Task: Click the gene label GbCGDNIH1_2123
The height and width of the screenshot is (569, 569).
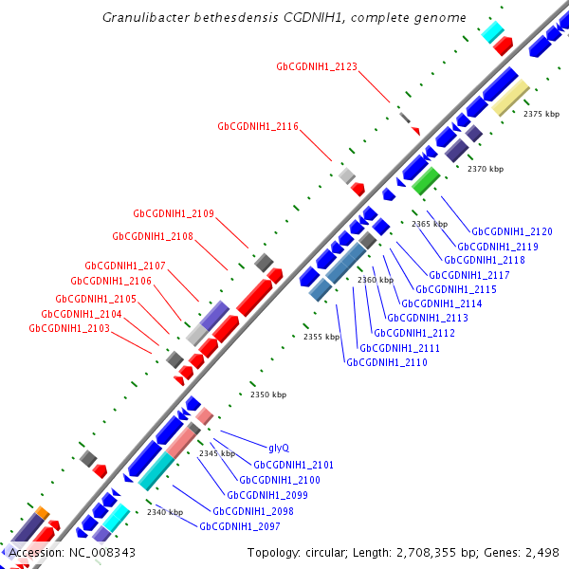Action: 317,66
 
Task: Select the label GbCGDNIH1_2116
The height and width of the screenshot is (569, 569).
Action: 258,126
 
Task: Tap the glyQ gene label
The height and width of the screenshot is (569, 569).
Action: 279,448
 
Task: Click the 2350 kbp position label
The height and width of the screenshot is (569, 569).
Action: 267,395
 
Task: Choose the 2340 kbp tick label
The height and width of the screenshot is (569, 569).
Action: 164,512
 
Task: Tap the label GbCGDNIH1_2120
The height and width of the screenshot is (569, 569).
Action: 512,231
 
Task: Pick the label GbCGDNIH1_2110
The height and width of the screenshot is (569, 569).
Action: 386,362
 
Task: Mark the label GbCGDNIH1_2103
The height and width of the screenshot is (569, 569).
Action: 69,328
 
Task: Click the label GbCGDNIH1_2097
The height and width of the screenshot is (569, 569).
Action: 240,525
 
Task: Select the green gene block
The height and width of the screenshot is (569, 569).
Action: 425,180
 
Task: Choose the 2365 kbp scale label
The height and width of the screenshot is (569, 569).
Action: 429,224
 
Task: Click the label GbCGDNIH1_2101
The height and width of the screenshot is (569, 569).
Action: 293,465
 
